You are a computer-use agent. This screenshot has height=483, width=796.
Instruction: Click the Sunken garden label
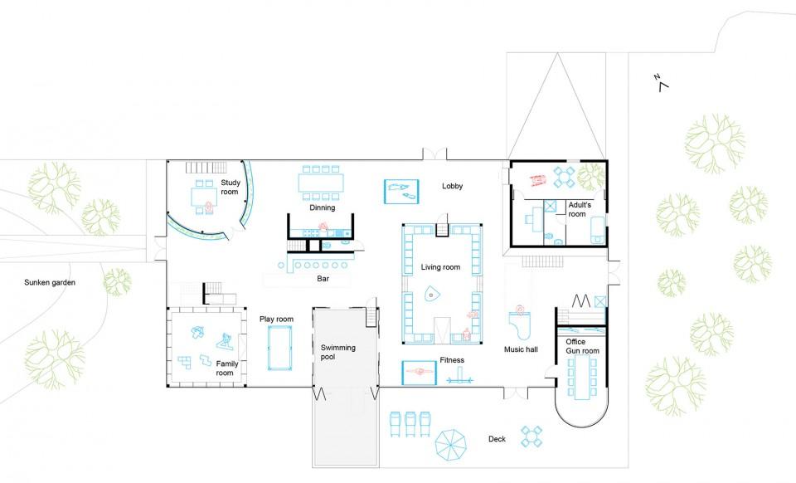50,282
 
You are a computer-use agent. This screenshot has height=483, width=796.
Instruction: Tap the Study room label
230,187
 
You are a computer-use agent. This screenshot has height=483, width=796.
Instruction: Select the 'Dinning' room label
323,207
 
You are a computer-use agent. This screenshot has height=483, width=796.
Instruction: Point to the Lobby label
453,186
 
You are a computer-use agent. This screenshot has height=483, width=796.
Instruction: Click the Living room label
440,267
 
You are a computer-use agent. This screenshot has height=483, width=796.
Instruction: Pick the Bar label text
323,278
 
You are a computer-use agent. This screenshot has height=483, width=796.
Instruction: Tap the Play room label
276,319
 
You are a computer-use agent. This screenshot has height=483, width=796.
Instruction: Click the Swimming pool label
337,352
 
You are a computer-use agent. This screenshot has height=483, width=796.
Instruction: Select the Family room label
226,368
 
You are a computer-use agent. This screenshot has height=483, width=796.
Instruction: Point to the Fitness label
452,360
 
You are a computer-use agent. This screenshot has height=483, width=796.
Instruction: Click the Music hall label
521,349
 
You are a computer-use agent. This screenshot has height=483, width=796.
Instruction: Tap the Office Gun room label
582,346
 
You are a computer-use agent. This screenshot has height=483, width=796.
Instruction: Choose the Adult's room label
580,209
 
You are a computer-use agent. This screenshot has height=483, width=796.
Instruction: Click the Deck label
497,439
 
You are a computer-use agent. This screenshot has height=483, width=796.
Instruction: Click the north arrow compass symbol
662,83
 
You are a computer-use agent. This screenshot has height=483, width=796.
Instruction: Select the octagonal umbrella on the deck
451,446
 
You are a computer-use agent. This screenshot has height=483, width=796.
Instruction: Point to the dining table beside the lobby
321,183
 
